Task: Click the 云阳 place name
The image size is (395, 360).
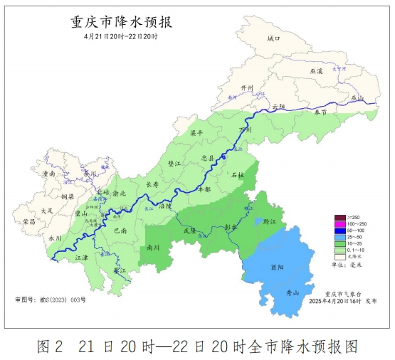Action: coord(278,106)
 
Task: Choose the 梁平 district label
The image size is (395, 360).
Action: coord(196,133)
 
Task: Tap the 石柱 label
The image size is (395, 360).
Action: coord(238,174)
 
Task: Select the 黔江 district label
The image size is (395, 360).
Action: coord(268,222)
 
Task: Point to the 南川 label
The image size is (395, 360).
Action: coord(153,248)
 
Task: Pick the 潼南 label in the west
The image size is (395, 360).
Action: coord(49,173)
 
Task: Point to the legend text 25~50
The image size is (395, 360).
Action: coord(359,237)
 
